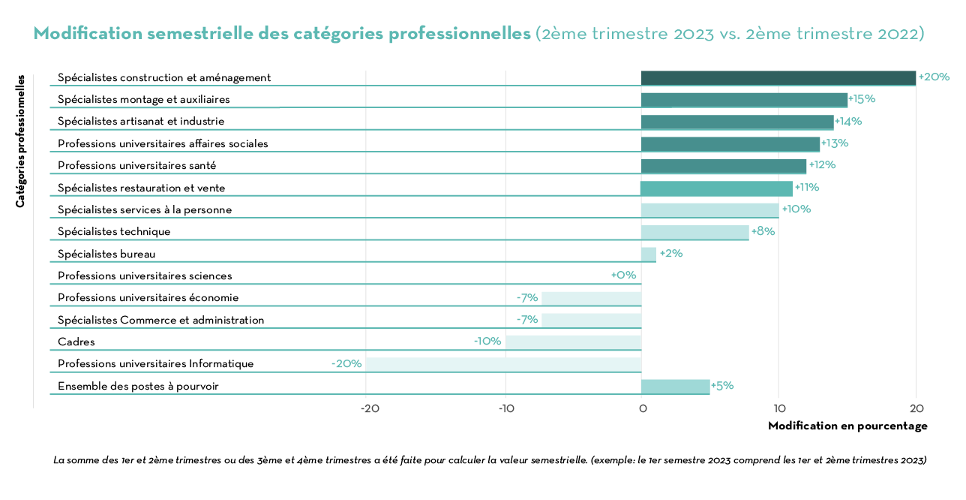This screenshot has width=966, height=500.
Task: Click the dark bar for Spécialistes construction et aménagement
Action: pyautogui.click(x=778, y=78)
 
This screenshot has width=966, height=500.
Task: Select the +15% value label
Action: pyautogui.click(x=862, y=99)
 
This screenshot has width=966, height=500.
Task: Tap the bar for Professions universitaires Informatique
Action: pyautogui.click(x=503, y=364)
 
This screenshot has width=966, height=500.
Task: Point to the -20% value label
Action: pyautogui.click(x=346, y=363)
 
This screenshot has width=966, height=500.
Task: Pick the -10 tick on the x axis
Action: pyautogui.click(x=505, y=408)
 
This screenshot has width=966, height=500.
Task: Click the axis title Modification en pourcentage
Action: pyautogui.click(x=847, y=426)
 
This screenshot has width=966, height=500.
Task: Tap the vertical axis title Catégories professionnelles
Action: pyautogui.click(x=20, y=140)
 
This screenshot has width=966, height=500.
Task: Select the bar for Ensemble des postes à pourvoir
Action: pyautogui.click(x=675, y=387)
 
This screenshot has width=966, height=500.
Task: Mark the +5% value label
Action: pyautogui.click(x=721, y=386)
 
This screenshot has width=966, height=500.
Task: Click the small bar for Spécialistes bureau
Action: pyautogui.click(x=649, y=255)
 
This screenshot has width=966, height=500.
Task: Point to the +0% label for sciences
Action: pyautogui.click(x=623, y=276)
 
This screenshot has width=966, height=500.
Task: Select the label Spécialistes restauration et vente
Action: pyautogui.click(x=141, y=188)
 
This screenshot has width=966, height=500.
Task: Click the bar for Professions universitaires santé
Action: pyautogui.click(x=723, y=166)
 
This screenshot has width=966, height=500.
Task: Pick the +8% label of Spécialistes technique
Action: pyautogui.click(x=763, y=231)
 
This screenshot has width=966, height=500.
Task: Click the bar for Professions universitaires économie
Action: pyautogui.click(x=592, y=298)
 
